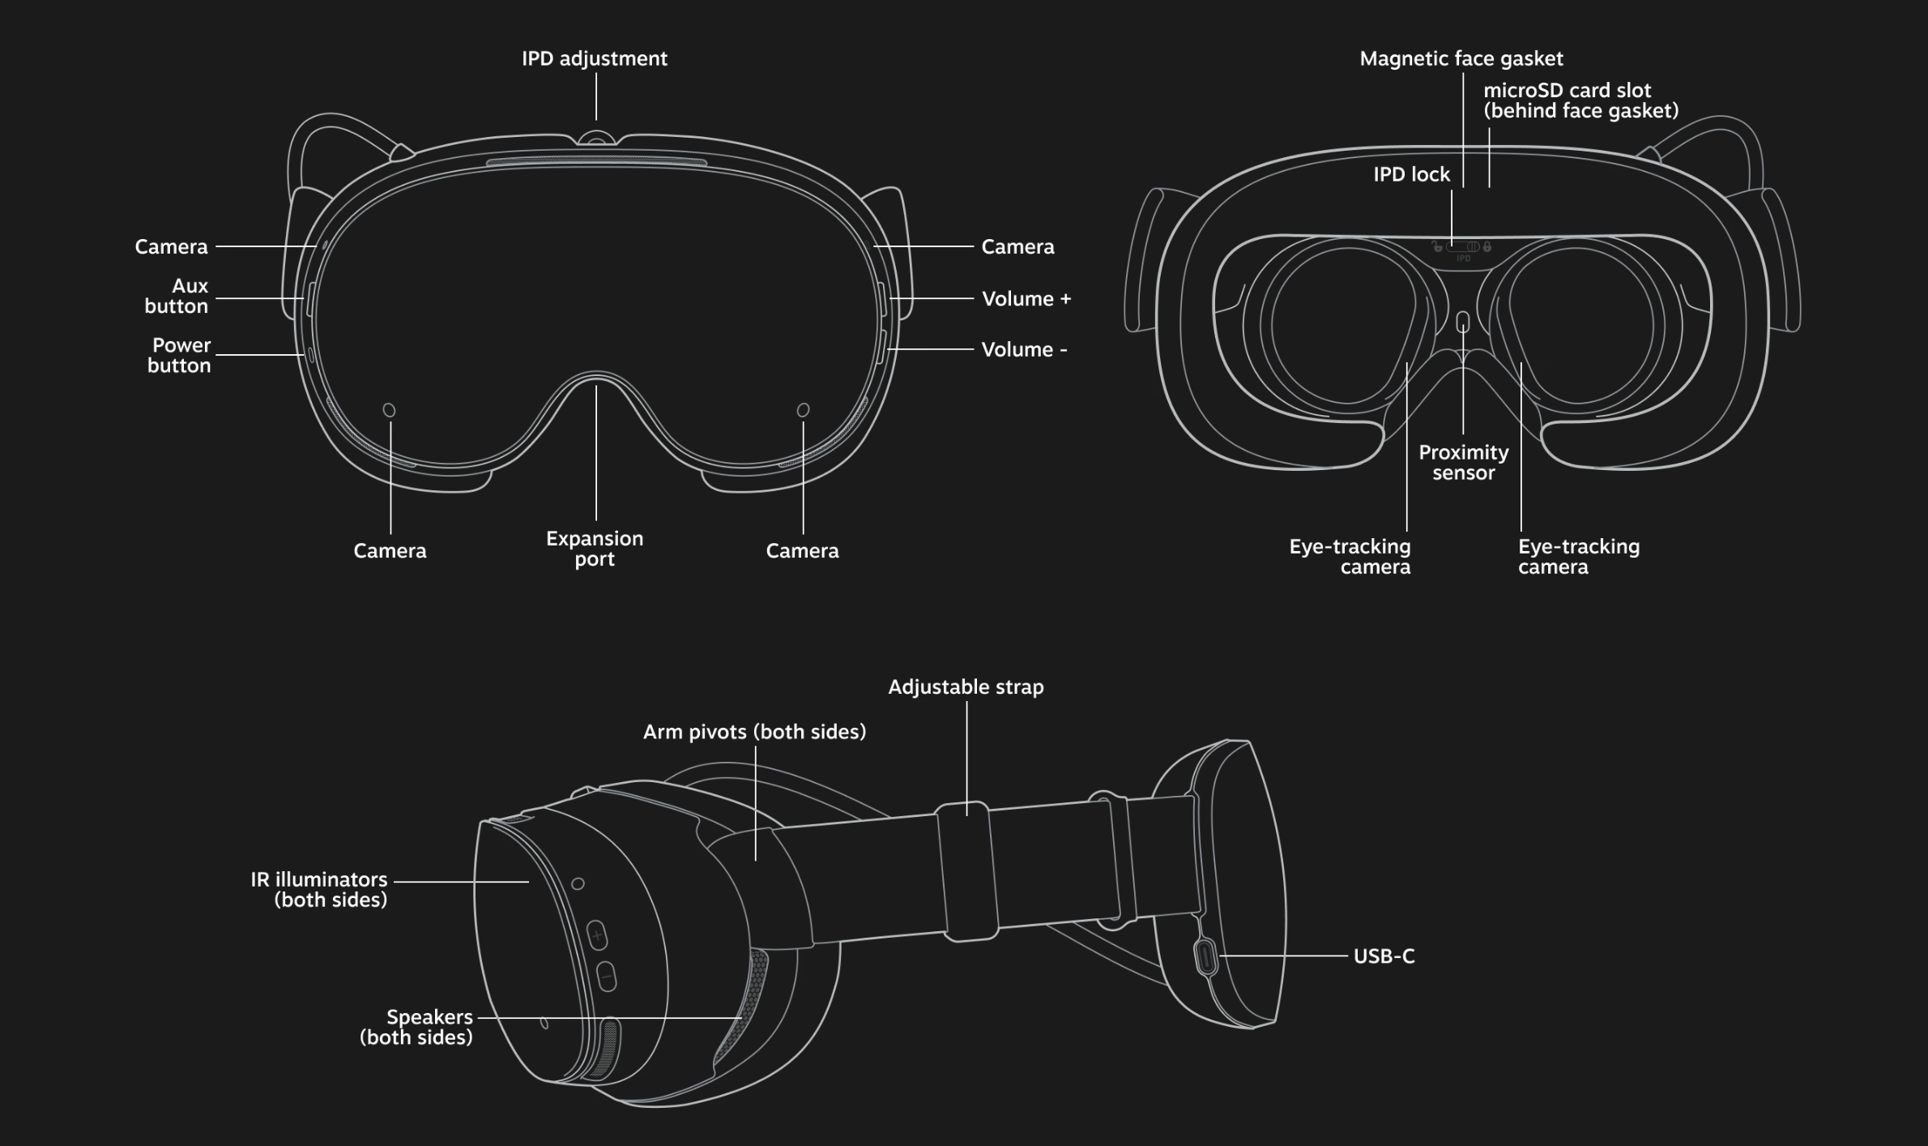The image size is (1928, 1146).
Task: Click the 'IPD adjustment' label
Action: click(594, 58)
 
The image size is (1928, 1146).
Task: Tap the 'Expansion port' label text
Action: click(595, 549)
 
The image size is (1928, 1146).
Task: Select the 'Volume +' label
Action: click(1026, 299)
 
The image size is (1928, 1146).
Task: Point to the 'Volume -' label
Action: click(1024, 350)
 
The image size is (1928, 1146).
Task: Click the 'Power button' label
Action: click(180, 355)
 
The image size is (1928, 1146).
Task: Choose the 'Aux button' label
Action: click(177, 296)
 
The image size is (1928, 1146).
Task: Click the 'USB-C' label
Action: click(1384, 956)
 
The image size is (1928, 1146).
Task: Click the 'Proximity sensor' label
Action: click(1463, 463)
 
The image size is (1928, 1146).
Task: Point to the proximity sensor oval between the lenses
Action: click(1463, 323)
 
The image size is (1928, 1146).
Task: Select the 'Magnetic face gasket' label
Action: click(1461, 58)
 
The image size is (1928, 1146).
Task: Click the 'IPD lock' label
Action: click(1411, 174)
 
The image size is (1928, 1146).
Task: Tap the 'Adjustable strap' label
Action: click(966, 687)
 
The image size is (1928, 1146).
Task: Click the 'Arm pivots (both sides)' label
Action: click(754, 732)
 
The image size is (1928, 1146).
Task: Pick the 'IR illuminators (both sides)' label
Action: click(319, 890)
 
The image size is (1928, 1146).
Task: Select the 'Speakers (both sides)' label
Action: click(417, 1027)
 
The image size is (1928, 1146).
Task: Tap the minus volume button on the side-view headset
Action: click(607, 977)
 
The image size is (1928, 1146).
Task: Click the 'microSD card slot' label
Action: click(1580, 100)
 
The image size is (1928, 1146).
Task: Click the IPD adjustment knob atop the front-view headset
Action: click(596, 139)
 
